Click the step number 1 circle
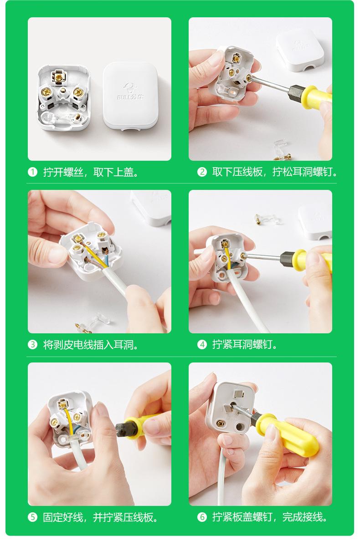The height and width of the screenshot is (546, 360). [32, 172]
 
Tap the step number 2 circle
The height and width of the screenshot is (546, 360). [201, 172]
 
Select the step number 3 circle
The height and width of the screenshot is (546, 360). [32, 345]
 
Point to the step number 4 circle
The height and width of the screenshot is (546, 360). [201, 345]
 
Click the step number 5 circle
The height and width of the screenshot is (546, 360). [32, 517]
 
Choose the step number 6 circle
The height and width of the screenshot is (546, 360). [201, 517]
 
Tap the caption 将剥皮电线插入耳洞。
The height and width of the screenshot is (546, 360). [91, 345]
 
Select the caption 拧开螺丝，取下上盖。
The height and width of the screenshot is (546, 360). [91, 172]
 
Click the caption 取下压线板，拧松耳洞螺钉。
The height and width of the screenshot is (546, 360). [275, 172]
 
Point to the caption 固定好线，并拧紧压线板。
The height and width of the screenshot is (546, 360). [101, 517]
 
